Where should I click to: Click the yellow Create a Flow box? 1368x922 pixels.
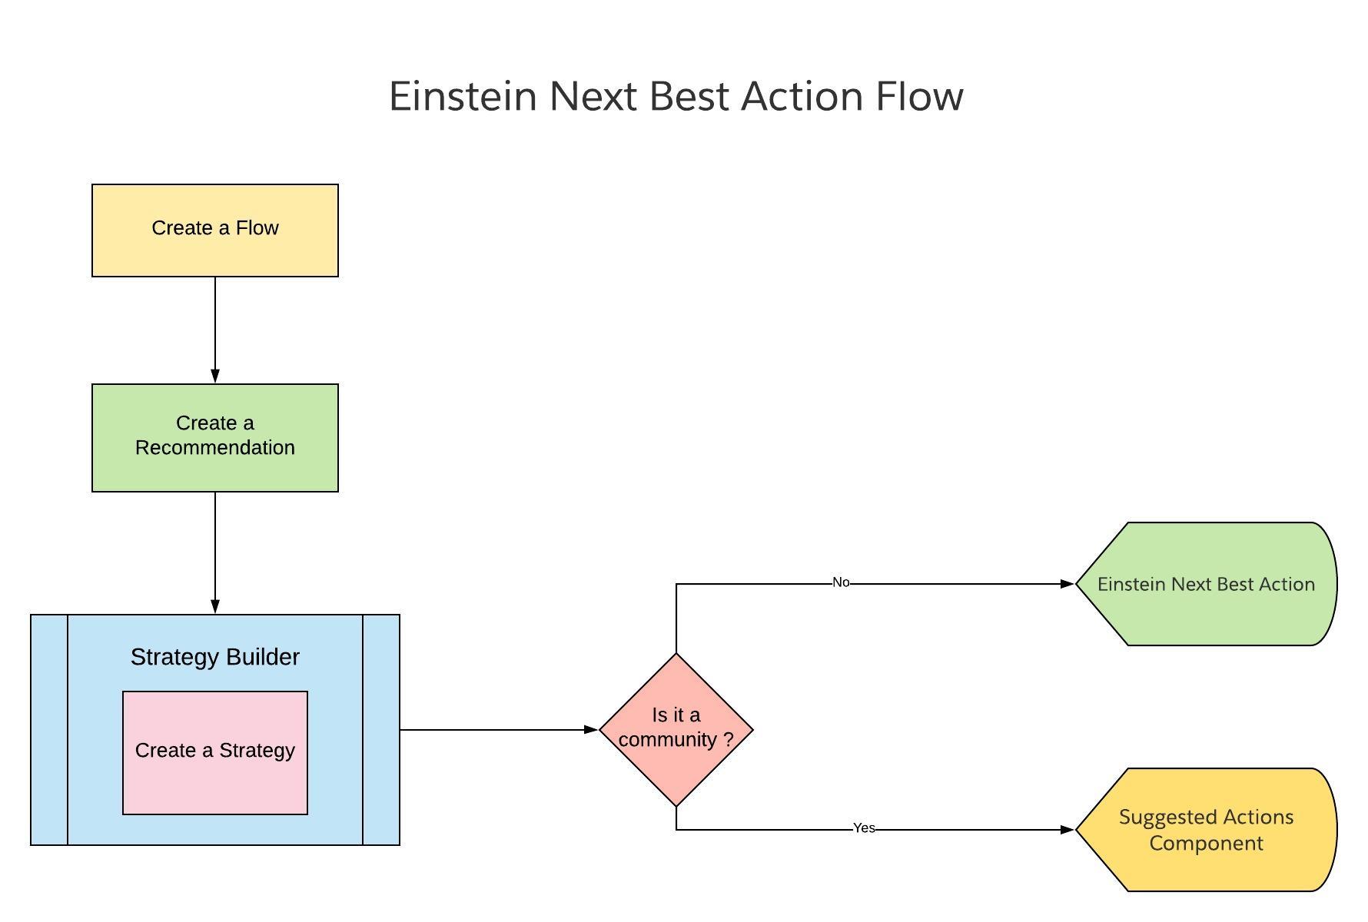(215, 230)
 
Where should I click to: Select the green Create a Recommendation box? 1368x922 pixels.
(215, 438)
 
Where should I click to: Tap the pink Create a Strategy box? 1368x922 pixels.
(215, 753)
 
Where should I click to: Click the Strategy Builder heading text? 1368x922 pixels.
(215, 657)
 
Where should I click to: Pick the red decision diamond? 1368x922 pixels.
(676, 730)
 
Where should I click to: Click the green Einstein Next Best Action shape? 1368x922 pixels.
(1207, 584)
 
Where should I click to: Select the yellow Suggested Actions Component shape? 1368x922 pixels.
(1207, 830)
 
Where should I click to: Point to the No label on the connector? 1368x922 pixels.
(841, 582)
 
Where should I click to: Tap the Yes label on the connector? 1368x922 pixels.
(864, 828)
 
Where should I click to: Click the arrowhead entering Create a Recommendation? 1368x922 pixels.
(215, 376)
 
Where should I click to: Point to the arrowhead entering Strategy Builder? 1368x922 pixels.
(215, 607)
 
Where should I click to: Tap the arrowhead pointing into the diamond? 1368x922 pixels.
(592, 730)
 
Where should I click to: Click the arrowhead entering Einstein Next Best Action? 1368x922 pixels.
(1068, 584)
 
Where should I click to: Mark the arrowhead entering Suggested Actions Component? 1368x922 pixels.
(1068, 830)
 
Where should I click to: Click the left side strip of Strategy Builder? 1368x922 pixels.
(49, 730)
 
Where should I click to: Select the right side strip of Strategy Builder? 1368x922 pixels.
(381, 730)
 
